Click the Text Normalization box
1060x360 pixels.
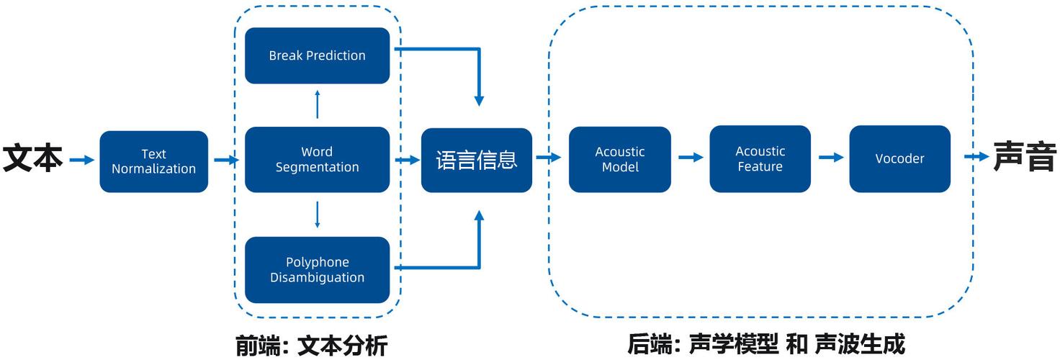[153, 161]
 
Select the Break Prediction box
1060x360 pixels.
[317, 55]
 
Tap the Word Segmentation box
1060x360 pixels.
[317, 159]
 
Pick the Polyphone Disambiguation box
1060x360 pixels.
[317, 270]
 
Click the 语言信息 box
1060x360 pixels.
[477, 160]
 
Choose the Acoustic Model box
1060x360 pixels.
[619, 159]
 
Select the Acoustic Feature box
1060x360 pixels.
[760, 159]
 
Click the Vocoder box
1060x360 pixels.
[899, 159]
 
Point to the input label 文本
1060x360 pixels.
[32, 158]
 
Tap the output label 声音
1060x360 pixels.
[1025, 156]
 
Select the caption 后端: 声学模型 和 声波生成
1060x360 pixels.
[765, 343]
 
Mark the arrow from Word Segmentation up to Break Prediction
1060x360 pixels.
[318, 104]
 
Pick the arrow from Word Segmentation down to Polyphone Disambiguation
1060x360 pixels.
[318, 215]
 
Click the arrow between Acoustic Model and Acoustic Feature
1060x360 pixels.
[691, 157]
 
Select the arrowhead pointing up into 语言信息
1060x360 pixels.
[480, 218]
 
